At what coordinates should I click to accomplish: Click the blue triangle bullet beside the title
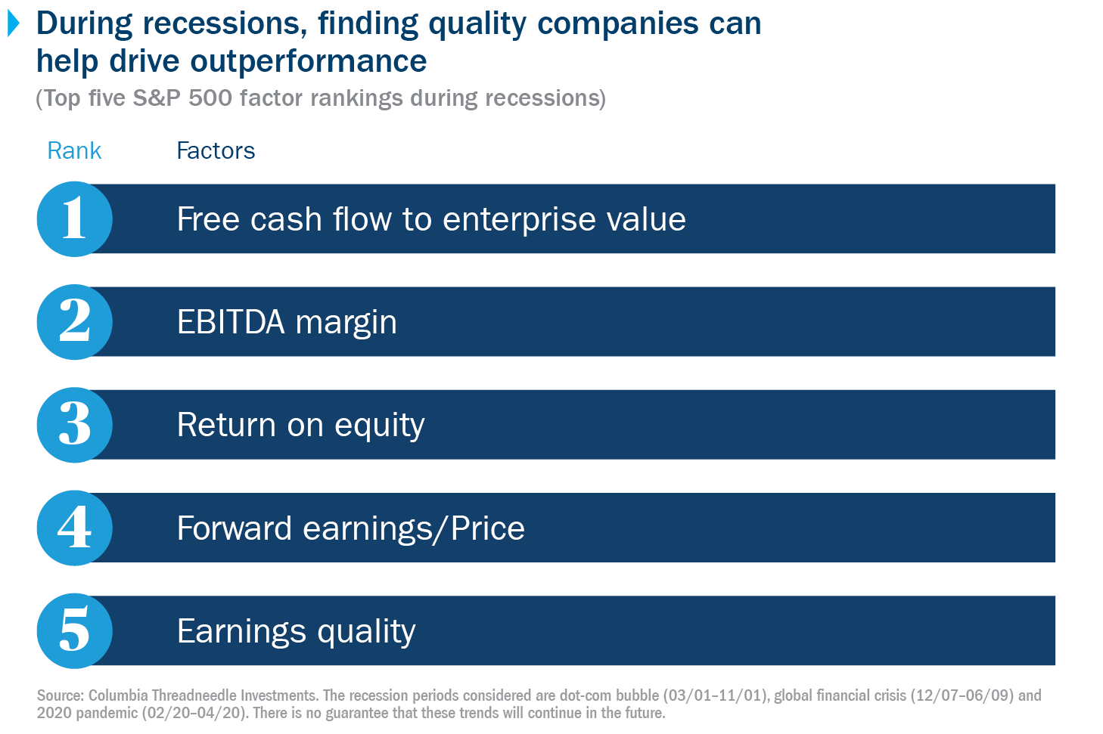click(x=14, y=23)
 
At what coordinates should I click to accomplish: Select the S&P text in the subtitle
click(x=157, y=98)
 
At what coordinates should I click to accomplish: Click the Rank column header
click(x=74, y=150)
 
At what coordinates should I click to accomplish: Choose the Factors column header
click(x=216, y=150)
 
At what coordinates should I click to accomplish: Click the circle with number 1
click(x=74, y=219)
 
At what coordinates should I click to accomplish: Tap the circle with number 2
click(x=74, y=322)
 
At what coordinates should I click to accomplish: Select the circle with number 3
click(x=74, y=425)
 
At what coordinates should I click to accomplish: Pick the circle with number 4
click(x=74, y=528)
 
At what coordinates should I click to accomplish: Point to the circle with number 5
click(x=74, y=630)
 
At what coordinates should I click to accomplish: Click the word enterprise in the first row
click(x=514, y=220)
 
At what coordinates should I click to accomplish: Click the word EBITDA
click(x=231, y=323)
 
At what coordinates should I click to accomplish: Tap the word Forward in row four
click(x=235, y=528)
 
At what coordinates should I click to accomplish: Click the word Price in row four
click(x=488, y=528)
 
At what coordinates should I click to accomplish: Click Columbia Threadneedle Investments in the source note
click(x=203, y=695)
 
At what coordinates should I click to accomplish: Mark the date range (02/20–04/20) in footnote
click(x=194, y=713)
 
